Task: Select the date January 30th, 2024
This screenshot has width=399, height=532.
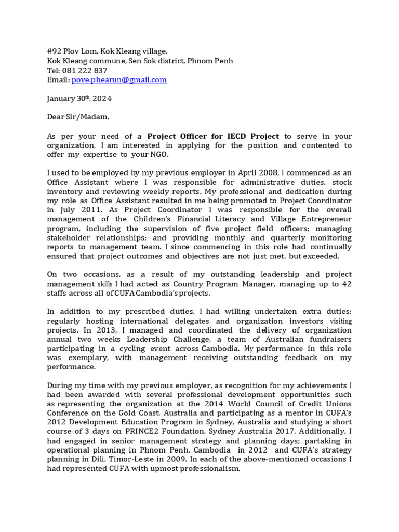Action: click(79, 99)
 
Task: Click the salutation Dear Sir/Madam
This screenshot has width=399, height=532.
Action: click(78, 117)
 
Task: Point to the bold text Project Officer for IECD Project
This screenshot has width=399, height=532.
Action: click(213, 136)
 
